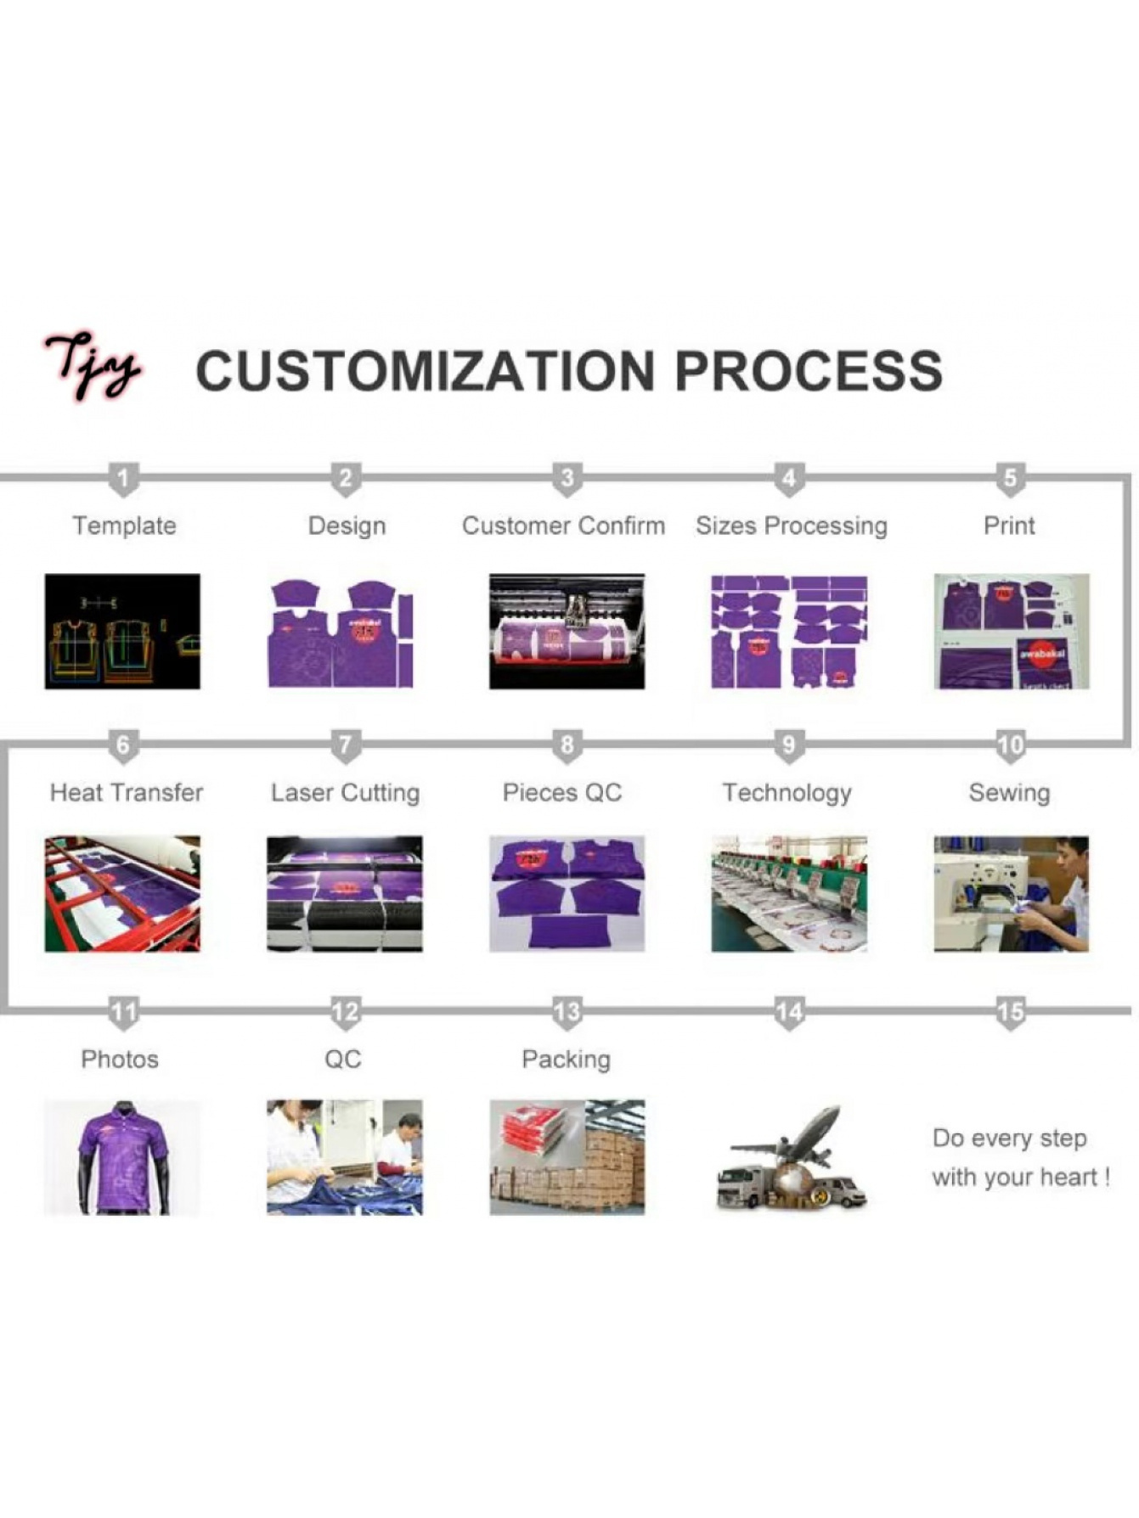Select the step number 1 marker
(123, 480)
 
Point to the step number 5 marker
(1010, 480)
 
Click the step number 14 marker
(789, 1013)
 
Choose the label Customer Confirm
(563, 526)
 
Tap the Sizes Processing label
(792, 526)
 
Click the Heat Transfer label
(127, 793)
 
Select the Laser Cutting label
(345, 794)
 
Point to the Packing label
(566, 1060)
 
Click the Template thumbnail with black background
(122, 632)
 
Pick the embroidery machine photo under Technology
(789, 894)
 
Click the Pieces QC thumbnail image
(567, 894)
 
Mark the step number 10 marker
(1010, 746)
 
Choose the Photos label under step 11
(120, 1060)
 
